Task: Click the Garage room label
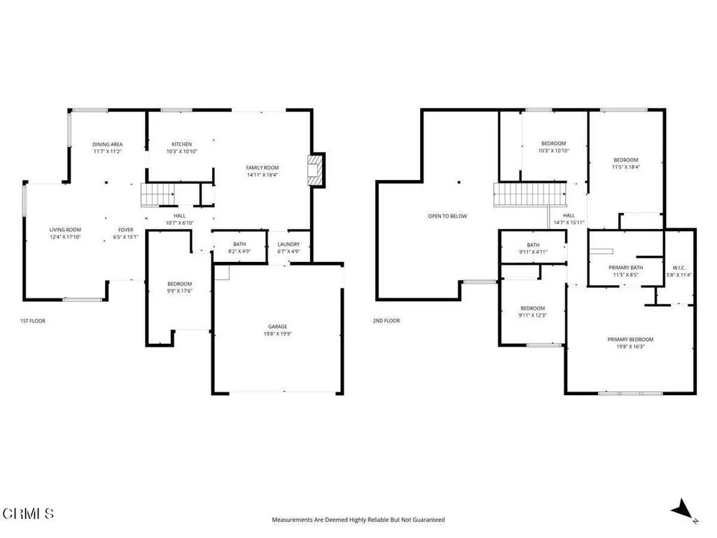(277, 326)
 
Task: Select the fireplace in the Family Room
(315, 170)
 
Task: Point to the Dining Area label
(108, 144)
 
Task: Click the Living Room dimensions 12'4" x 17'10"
(65, 237)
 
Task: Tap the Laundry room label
(288, 244)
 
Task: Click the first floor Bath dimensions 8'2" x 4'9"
(239, 251)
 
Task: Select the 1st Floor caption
(33, 321)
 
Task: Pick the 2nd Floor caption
(387, 321)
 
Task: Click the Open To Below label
(447, 216)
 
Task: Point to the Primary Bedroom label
(630, 339)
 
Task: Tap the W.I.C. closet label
(679, 267)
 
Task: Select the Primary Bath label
(625, 268)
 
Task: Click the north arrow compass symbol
(682, 510)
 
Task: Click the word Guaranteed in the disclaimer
(429, 520)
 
